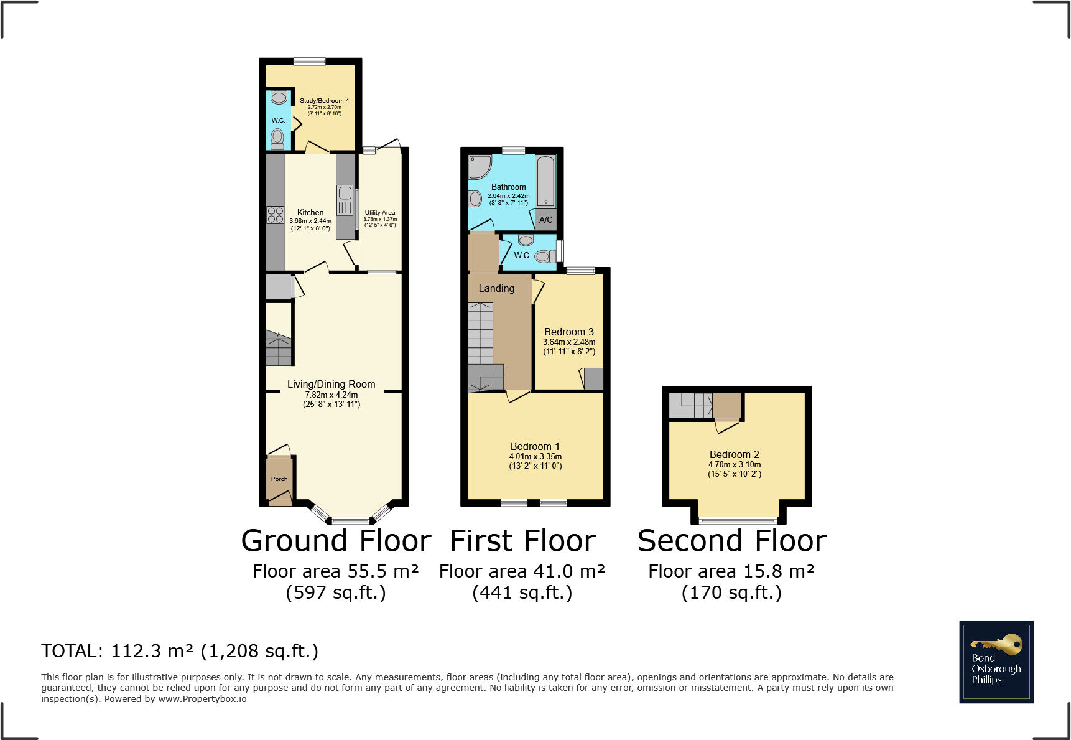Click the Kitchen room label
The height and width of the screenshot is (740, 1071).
point(310,213)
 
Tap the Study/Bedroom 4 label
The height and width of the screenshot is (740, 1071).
point(324,101)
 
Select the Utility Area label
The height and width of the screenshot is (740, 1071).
point(379,213)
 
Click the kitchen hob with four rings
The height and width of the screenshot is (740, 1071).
point(276,215)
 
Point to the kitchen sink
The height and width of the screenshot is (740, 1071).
point(345,200)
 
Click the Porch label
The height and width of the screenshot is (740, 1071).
point(279,479)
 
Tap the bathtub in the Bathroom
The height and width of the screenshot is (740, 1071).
point(545,181)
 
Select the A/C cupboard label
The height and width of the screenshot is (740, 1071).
point(545,220)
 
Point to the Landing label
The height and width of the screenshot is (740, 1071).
point(496,289)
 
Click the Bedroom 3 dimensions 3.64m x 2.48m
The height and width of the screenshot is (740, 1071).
point(569,342)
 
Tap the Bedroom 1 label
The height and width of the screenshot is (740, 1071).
point(535,447)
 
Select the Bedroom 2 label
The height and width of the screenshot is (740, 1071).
point(734,455)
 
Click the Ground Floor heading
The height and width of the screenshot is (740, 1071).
point(336,541)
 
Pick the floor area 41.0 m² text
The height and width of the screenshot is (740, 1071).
point(522,571)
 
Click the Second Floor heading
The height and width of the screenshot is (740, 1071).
point(732,541)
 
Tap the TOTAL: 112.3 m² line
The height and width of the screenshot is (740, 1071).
point(180,651)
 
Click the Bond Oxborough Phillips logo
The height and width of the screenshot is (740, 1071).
point(996,662)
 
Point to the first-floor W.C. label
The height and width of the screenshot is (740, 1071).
point(522,256)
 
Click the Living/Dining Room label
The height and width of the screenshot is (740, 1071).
point(331,385)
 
